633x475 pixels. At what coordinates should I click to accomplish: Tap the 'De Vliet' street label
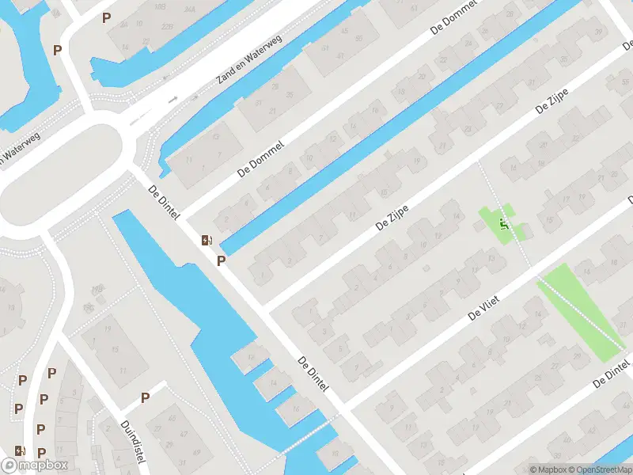pos(486,303)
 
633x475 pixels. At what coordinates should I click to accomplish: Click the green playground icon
pos(502,224)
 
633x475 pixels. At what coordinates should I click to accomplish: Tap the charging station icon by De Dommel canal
pos(207,240)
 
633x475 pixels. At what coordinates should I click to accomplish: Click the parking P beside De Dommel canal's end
pos(222,260)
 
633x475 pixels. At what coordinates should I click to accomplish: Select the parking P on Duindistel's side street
pos(146,397)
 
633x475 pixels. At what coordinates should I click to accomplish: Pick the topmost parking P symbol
pos(106,17)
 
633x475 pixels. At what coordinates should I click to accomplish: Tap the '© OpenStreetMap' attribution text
pos(597,469)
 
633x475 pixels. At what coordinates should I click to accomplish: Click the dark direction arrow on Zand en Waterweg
pos(172,100)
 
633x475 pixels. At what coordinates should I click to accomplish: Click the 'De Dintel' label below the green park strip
pos(612,373)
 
